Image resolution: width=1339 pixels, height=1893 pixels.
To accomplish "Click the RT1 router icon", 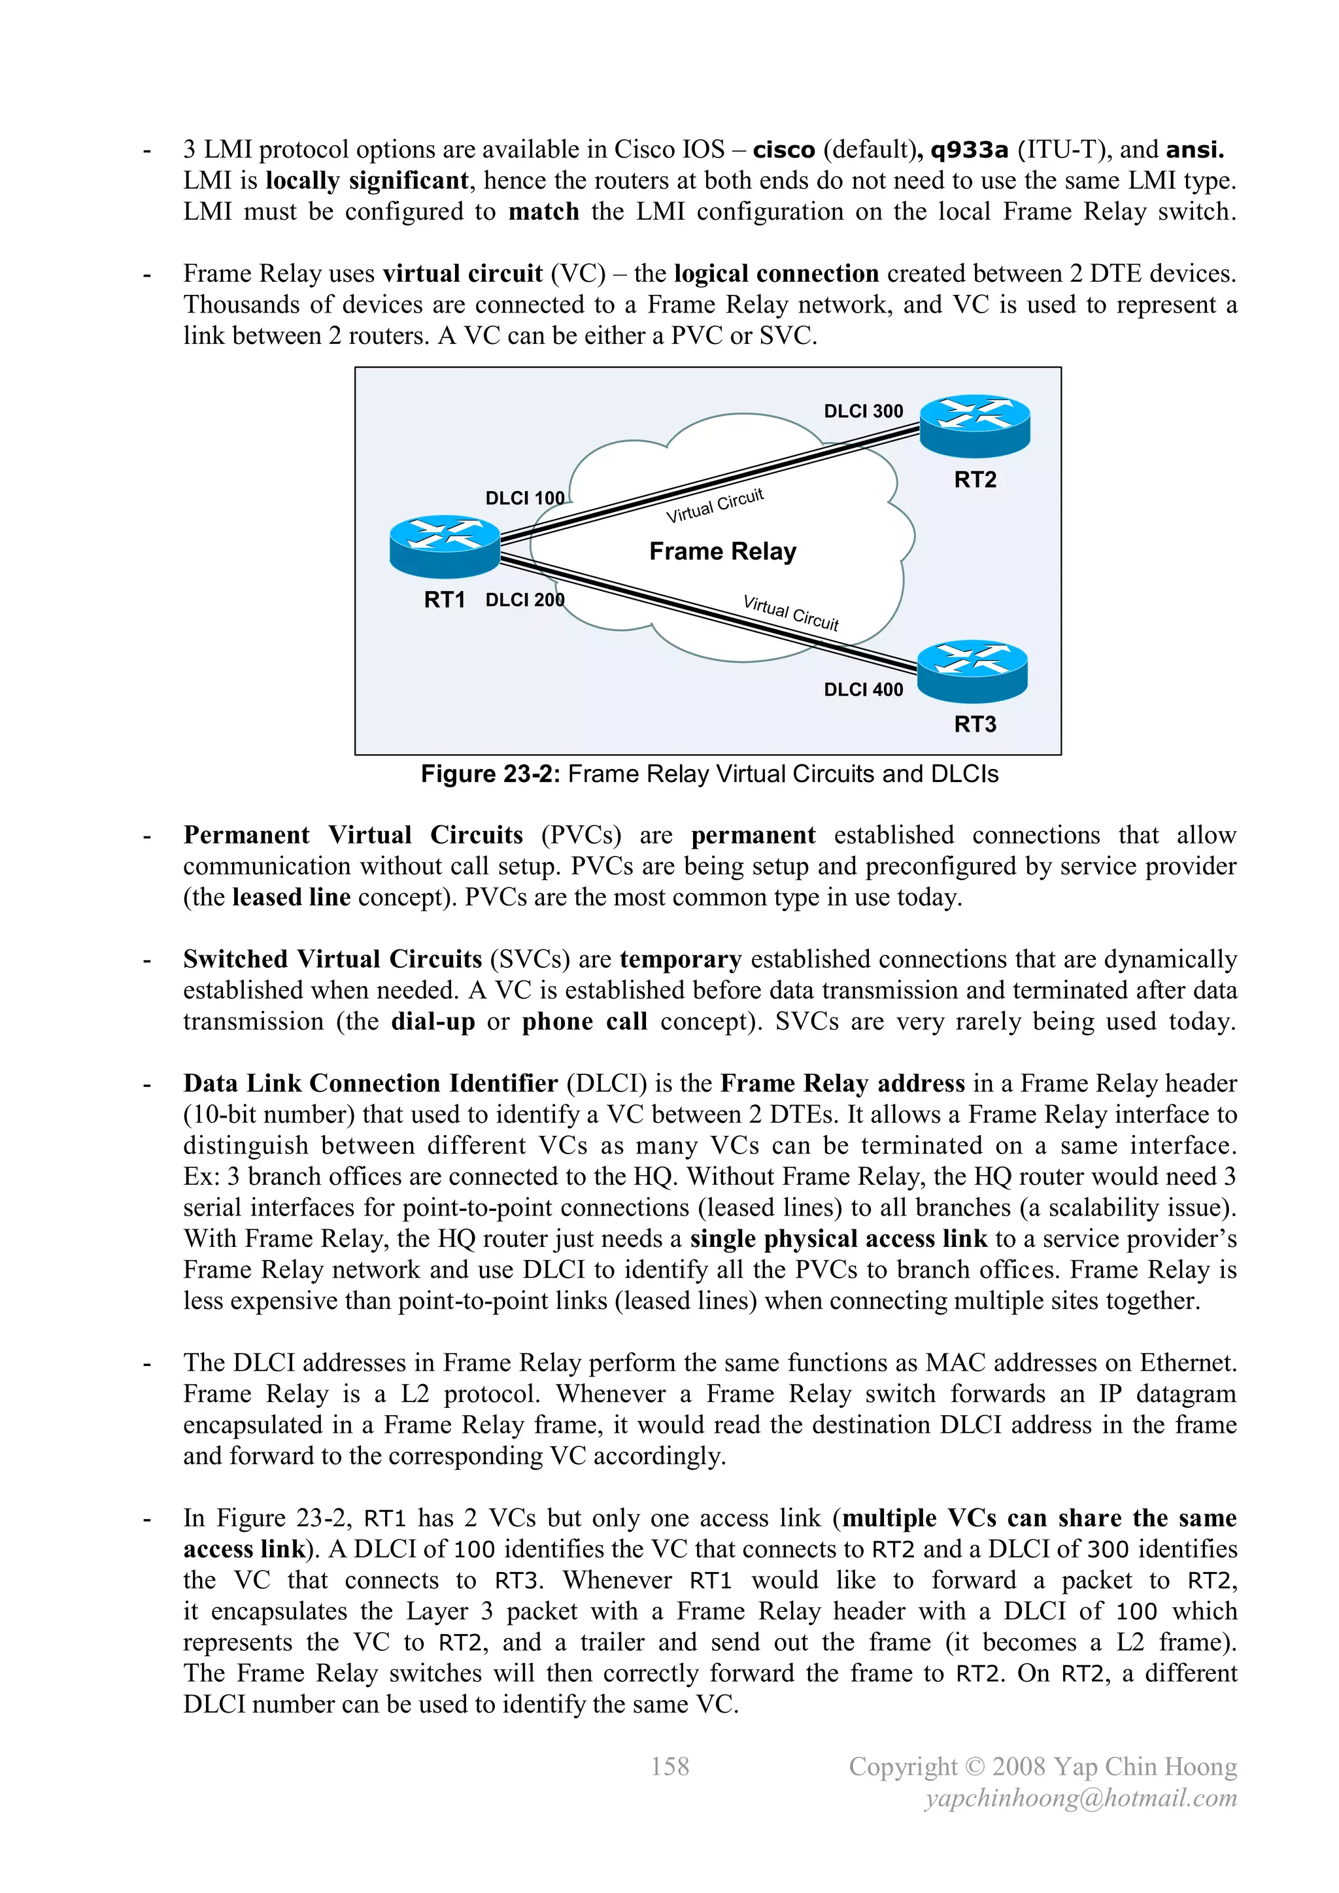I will tap(445, 546).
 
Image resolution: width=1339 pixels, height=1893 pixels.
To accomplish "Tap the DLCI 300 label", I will tap(863, 411).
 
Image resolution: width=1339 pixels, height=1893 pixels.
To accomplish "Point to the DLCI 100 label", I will tap(524, 498).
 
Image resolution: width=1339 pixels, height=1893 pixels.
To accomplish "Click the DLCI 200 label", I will tap(524, 600).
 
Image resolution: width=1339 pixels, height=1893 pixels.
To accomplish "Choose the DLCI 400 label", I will tap(863, 689).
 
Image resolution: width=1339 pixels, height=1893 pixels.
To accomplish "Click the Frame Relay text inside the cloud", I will tap(722, 551).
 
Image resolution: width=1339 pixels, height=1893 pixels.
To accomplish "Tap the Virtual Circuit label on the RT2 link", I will tap(715, 505).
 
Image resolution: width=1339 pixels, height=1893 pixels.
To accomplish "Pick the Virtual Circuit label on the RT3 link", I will tap(790, 613).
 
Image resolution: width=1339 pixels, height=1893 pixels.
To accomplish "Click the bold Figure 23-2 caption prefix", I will tap(490, 774).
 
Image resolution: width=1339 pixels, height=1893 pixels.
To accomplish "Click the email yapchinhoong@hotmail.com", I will tap(1081, 1798).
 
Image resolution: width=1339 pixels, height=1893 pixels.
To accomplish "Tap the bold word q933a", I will tap(969, 150).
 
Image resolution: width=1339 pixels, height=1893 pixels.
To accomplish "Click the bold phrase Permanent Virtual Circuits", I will tap(353, 834).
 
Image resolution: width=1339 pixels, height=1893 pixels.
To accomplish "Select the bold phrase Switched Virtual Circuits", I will tap(332, 959).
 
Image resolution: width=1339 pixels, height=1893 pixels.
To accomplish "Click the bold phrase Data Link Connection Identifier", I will tap(370, 1083).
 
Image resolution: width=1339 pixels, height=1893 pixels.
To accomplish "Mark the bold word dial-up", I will tap(433, 1021).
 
